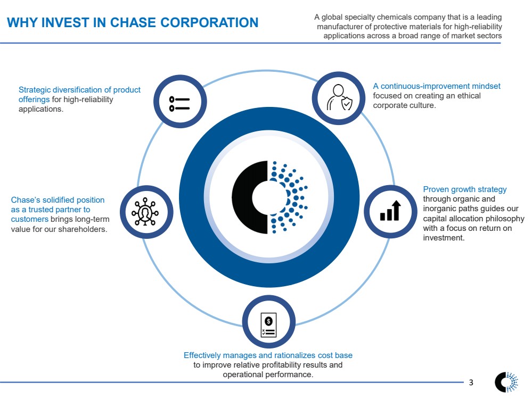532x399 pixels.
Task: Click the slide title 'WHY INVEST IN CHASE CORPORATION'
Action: coord(132,22)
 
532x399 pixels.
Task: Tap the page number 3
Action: coord(471,383)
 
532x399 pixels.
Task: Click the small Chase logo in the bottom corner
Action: coord(506,381)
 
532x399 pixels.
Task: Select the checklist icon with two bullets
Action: coord(179,103)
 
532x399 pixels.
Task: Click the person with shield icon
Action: coord(339,97)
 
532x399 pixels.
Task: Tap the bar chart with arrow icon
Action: coord(390,211)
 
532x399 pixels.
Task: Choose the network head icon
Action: coord(145,212)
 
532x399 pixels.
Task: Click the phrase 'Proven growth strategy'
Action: coord(464,189)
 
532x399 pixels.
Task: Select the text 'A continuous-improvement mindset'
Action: coord(436,86)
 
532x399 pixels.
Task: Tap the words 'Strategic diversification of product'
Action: coord(79,90)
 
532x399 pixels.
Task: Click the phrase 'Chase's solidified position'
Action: coord(58,200)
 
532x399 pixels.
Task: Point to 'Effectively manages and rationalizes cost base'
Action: coord(268,355)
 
